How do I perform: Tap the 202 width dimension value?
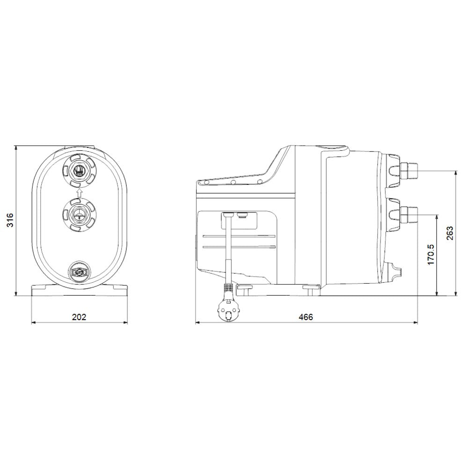click(79, 317)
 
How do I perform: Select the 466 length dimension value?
click(306, 317)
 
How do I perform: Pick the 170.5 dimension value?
click(431, 255)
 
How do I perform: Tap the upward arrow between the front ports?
click(79, 192)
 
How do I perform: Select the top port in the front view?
click(79, 169)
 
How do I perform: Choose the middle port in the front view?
click(79, 214)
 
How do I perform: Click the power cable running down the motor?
click(227, 248)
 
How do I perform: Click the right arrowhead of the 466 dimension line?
click(416, 322)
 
